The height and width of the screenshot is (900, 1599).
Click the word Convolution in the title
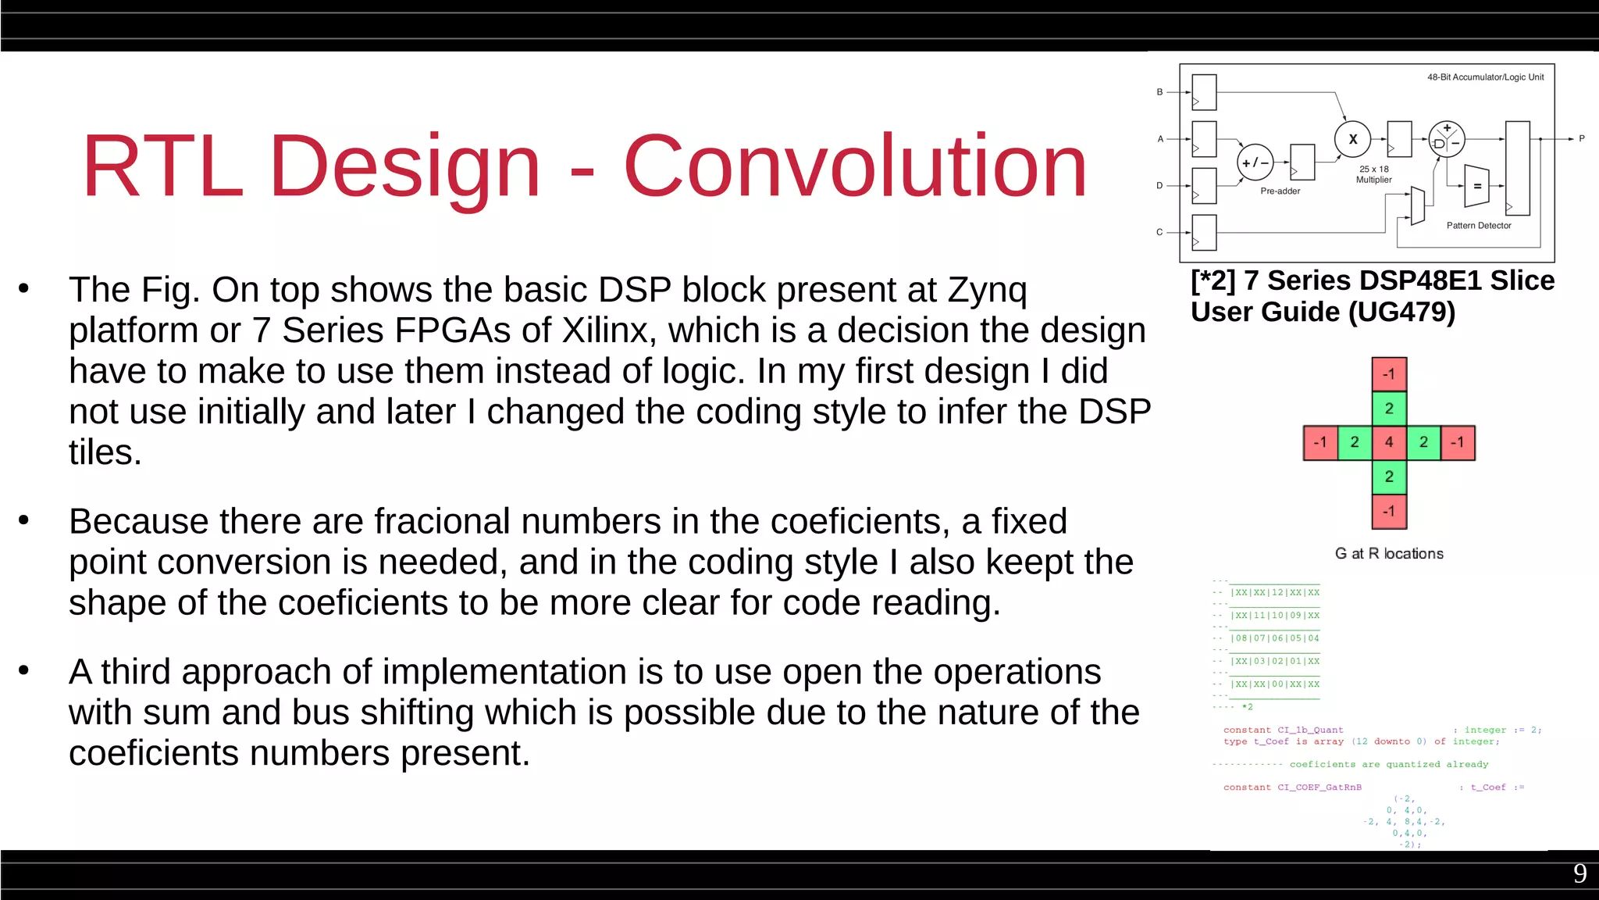pyautogui.click(x=855, y=166)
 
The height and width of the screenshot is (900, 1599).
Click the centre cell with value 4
pyautogui.click(x=1389, y=442)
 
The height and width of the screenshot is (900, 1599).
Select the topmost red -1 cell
pyautogui.click(x=1389, y=374)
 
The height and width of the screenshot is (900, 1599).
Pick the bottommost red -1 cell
pyautogui.click(x=1389, y=512)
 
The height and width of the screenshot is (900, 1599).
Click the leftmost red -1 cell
pyautogui.click(x=1320, y=442)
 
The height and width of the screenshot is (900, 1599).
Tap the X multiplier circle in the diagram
pyautogui.click(x=1352, y=139)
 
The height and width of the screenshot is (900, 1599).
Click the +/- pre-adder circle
pyautogui.click(x=1255, y=162)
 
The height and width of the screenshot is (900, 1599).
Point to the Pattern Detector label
pyautogui.click(x=1478, y=226)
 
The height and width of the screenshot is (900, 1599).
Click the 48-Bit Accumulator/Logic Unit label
pyautogui.click(x=1485, y=77)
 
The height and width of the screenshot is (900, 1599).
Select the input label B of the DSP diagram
pyautogui.click(x=1159, y=92)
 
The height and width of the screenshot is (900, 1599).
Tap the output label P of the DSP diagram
pyautogui.click(x=1582, y=138)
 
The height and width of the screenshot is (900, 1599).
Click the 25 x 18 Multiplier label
pyautogui.click(x=1373, y=174)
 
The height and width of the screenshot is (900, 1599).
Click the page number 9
pyautogui.click(x=1579, y=873)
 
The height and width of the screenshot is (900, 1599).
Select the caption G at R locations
pyautogui.click(x=1389, y=554)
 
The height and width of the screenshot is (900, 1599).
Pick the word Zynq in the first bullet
pyautogui.click(x=987, y=291)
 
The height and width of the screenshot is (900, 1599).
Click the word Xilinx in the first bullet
pyautogui.click(x=605, y=331)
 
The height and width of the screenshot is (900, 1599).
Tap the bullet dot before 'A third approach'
pyautogui.click(x=24, y=670)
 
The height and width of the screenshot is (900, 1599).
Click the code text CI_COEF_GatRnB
pyautogui.click(x=1319, y=787)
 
